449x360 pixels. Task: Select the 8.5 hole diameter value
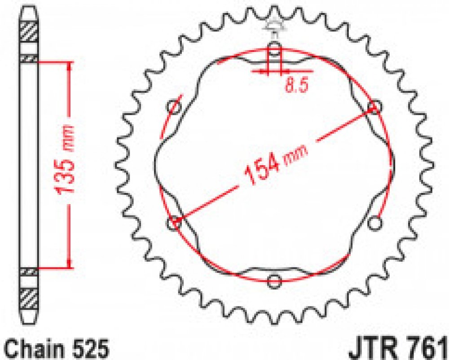[x=297, y=85]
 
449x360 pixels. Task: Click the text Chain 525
[x=57, y=348]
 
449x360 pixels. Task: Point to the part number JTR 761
[x=398, y=348]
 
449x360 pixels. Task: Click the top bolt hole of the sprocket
[x=274, y=48]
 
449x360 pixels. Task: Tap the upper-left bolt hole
[x=174, y=107]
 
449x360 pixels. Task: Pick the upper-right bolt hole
[x=374, y=107]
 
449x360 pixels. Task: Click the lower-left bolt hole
[x=174, y=223]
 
